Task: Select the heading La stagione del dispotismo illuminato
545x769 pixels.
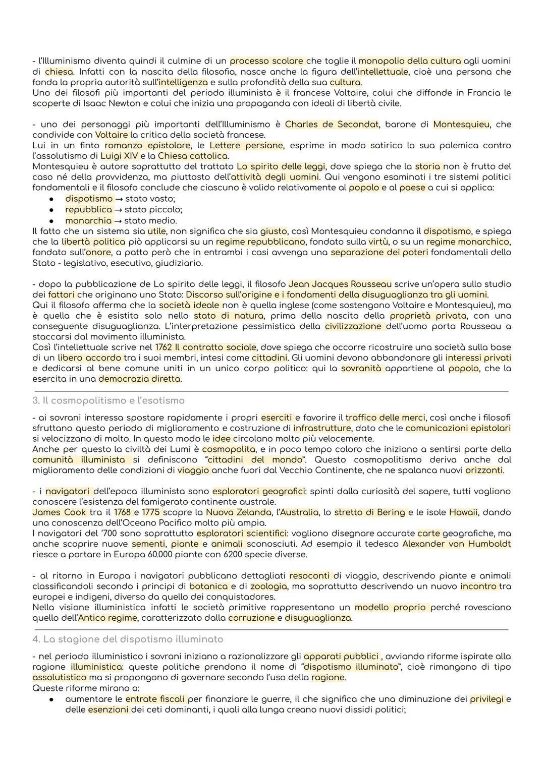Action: coord(133,639)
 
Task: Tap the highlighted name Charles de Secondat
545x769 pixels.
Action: coord(332,124)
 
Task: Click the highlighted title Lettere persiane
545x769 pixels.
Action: coord(246,145)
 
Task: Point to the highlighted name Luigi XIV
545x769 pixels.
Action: coord(119,156)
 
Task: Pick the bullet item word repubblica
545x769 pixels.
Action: coord(88,209)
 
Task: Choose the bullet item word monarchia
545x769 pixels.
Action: coord(88,220)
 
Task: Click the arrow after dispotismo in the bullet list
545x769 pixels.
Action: coord(119,199)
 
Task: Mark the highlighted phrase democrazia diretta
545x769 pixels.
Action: coord(139,378)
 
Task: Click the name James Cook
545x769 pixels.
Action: coord(59,512)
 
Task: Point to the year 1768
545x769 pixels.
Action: coord(122,512)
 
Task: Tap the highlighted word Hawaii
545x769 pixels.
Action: coord(463,512)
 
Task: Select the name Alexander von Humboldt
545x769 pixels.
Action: coord(456,544)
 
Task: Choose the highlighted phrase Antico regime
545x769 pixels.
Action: coord(107,618)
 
